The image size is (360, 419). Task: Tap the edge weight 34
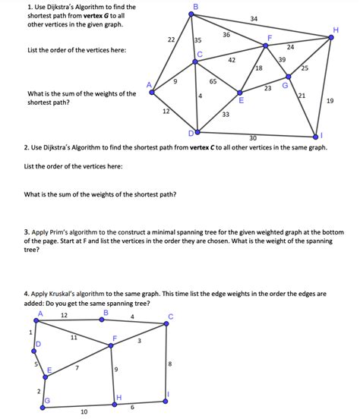pos(254,19)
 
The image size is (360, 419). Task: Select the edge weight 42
pos(232,59)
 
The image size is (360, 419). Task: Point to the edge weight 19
pos(330,100)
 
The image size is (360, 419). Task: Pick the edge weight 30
pos(253,138)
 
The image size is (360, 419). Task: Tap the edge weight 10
pos(84,411)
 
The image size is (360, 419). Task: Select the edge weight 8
pos(169,364)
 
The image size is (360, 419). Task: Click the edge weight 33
pos(226,115)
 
